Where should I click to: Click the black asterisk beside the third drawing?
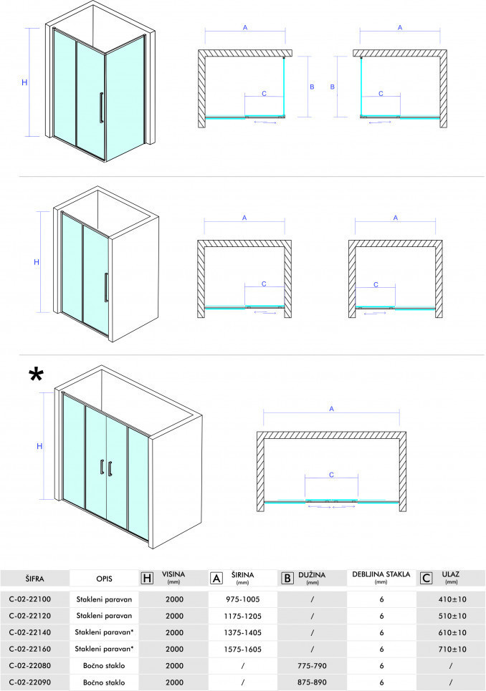coord(36,375)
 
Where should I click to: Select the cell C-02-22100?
coord(30,599)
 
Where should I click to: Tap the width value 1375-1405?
coord(242,632)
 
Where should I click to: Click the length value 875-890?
coord(312,682)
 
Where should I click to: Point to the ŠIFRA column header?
coord(34,579)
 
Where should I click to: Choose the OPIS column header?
coord(104,579)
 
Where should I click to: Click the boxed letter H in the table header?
coord(147,578)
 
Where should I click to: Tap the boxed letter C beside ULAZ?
coord(427,578)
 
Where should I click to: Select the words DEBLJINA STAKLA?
coord(381,575)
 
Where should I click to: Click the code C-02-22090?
coord(30,682)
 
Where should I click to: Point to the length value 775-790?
coord(312,666)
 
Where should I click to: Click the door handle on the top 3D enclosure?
coord(102,107)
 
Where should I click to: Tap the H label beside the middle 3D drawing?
coord(37,262)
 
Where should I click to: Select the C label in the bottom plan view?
coord(332,475)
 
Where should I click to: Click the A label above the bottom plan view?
coord(332,409)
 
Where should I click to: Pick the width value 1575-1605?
coord(242,649)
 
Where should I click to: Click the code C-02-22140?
coord(30,632)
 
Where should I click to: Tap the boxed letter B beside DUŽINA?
coord(287,578)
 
